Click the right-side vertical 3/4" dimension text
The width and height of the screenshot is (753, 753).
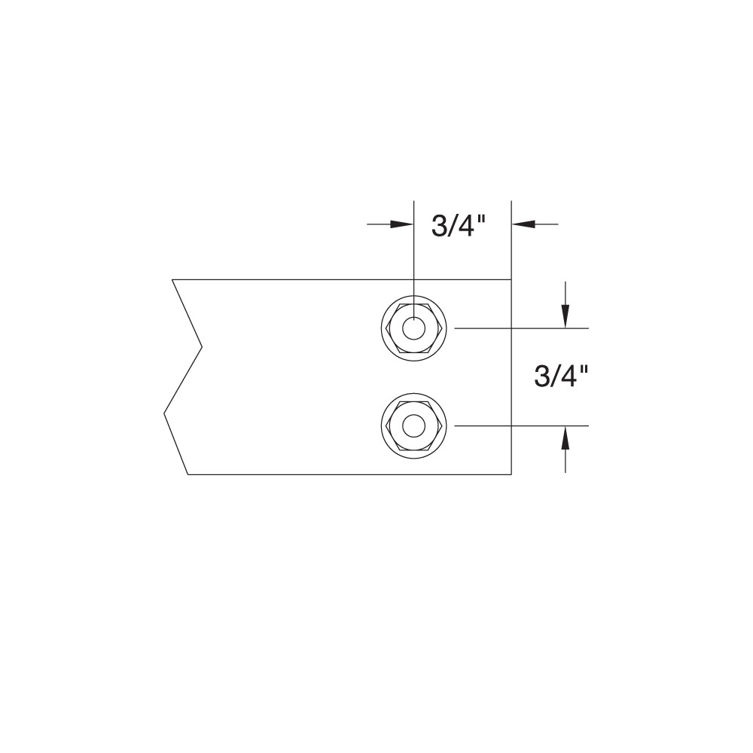click(560, 376)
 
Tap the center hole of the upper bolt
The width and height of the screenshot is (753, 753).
click(413, 329)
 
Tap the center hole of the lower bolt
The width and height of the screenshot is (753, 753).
click(413, 426)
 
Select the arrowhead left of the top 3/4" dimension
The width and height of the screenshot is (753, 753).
click(403, 224)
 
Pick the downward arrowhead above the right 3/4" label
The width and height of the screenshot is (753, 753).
click(565, 316)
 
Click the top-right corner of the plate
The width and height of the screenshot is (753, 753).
click(511, 279)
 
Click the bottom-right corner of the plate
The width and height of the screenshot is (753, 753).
click(511, 474)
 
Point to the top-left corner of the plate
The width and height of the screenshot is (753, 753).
click(172, 279)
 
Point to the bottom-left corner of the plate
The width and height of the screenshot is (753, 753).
click(187, 474)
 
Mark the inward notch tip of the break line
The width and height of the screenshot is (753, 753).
click(202, 347)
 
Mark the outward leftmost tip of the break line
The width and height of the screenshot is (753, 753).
click(164, 413)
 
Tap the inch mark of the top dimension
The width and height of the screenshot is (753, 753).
click(483, 218)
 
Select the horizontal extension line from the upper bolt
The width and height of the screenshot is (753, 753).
click(520, 329)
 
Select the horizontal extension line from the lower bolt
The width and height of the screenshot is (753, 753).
click(520, 426)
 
